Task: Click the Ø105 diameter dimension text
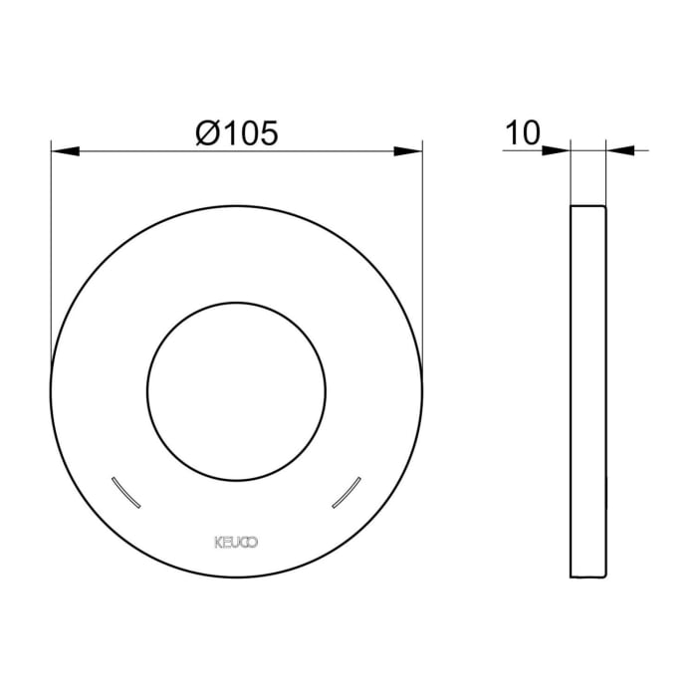pyautogui.click(x=236, y=133)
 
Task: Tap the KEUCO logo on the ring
pyautogui.click(x=236, y=542)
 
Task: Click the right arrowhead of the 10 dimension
pyautogui.click(x=618, y=151)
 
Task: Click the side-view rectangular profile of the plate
pyautogui.click(x=587, y=391)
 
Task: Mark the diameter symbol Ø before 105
pyautogui.click(x=207, y=133)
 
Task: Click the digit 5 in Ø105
pyautogui.click(x=266, y=133)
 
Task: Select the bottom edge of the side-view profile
pyautogui.click(x=587, y=577)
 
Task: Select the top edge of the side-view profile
pyautogui.click(x=587, y=206)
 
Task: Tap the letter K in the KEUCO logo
pyautogui.click(x=219, y=542)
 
